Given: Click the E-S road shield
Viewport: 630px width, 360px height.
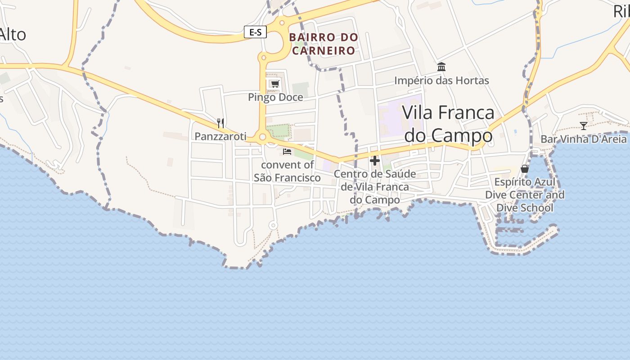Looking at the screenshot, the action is (x=255, y=32).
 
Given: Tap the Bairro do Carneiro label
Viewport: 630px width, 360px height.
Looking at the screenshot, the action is (x=324, y=44).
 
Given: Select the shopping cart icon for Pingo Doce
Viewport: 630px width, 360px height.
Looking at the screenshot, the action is (x=274, y=84).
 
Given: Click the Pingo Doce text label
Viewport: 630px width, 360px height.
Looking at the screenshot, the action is (x=275, y=97).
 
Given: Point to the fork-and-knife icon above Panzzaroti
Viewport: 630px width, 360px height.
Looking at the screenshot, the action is (x=220, y=123).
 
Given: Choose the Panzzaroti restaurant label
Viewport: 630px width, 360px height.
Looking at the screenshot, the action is (x=220, y=136).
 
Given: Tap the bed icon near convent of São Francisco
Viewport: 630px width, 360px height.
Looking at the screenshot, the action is (x=287, y=152).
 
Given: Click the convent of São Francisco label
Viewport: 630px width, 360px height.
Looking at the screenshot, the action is (x=287, y=171).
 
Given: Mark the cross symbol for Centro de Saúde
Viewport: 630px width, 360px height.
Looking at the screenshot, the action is (x=375, y=161).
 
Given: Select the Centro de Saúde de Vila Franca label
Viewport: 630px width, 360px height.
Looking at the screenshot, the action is (x=375, y=186).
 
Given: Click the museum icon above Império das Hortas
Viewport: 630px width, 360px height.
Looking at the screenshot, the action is (x=441, y=67).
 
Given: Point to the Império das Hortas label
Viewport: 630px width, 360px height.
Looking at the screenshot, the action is (x=441, y=81).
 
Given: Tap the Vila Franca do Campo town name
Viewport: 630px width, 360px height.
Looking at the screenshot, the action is (x=448, y=124).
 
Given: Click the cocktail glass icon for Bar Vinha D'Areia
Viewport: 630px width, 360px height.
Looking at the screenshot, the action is (x=584, y=126).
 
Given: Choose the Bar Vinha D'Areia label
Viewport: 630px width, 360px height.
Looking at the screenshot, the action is (x=584, y=139).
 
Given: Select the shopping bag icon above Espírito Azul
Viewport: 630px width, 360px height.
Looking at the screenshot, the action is (x=525, y=169).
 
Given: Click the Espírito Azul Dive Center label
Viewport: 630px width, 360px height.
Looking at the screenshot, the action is (x=525, y=195).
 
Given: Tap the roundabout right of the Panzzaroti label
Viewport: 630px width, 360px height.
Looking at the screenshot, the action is (x=262, y=137).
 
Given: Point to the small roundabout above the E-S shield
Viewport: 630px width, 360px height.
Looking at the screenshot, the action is (x=282, y=22).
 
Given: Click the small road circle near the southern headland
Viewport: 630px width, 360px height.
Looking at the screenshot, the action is (x=272, y=225).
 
